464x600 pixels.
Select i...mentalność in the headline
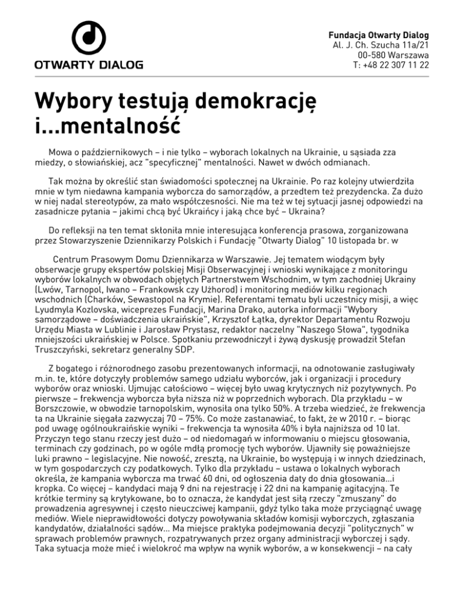coord(107,126)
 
